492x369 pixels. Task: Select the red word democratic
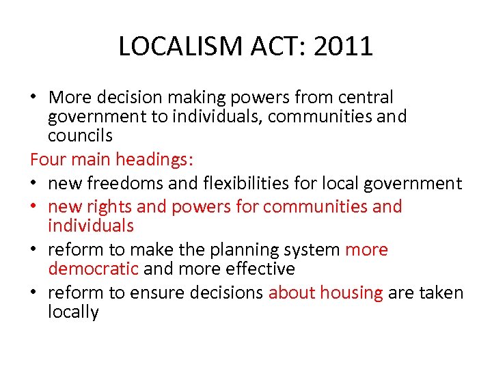coord(94,269)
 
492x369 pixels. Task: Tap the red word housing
coord(351,293)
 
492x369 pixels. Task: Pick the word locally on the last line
coord(74,312)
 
